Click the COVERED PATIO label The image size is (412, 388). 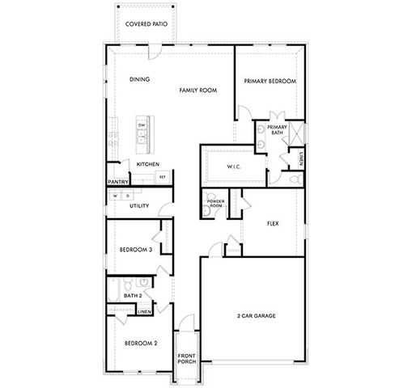coord(146,25)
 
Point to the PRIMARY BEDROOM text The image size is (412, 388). coord(270,82)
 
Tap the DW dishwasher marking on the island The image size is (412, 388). coord(142,125)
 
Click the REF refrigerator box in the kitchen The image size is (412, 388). coord(162,176)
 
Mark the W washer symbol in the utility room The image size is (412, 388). coord(115,195)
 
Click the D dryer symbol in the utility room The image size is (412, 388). coord(127,195)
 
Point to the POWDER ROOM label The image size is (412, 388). coord(215,203)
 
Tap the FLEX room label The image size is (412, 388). coord(273,222)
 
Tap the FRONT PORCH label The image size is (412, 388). coord(187,360)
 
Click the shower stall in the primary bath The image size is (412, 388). coord(294,131)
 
